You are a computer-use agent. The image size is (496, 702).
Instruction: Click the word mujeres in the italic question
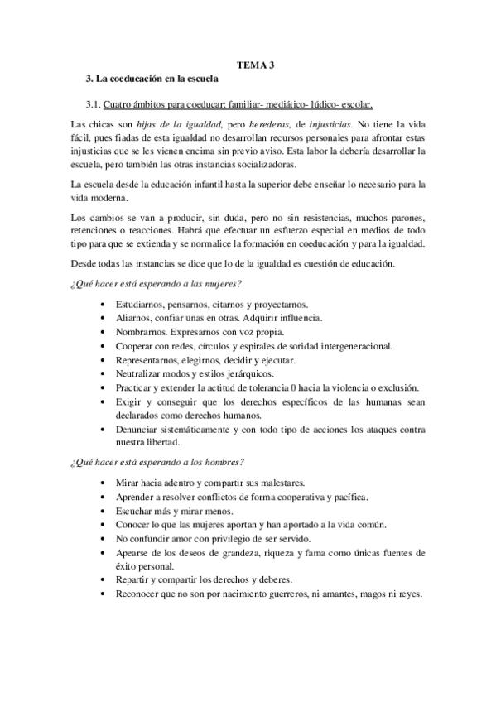[217, 284]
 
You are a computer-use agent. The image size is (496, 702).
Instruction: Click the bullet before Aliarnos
[102, 318]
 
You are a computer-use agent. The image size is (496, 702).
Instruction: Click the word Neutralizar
[143, 376]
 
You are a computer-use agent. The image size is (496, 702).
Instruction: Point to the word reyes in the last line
[411, 594]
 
